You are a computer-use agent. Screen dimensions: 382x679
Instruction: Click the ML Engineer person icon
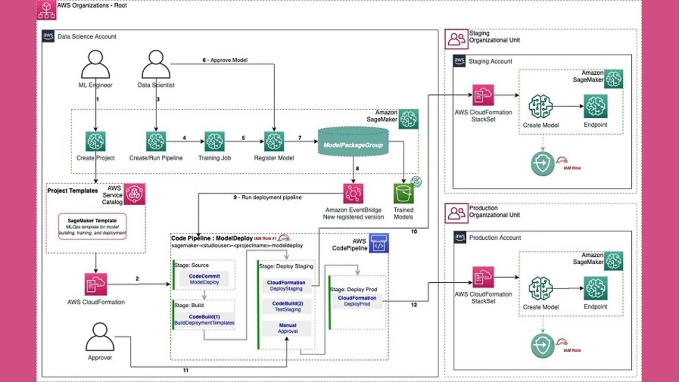(x=95, y=64)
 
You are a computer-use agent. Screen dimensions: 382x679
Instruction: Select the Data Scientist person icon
(x=156, y=64)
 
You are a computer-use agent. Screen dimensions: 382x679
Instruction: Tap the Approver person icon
(x=100, y=337)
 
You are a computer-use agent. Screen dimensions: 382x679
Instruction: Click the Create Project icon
(x=95, y=142)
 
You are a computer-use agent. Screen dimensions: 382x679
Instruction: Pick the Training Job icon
(x=214, y=142)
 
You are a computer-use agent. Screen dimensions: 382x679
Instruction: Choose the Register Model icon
(x=274, y=142)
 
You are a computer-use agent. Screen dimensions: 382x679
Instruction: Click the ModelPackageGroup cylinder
(x=353, y=144)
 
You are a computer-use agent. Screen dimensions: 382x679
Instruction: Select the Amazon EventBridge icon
(x=353, y=194)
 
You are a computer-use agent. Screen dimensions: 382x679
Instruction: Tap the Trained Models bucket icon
(x=403, y=194)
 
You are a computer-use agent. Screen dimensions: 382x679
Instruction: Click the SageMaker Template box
(x=95, y=226)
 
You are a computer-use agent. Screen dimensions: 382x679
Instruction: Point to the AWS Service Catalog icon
(x=134, y=195)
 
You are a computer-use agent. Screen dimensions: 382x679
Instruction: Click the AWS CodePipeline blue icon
(x=379, y=243)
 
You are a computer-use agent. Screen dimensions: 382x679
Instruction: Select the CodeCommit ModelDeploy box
(x=204, y=280)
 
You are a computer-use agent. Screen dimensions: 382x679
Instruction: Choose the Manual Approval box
(x=287, y=328)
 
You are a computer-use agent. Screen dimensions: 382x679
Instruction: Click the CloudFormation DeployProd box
(x=357, y=301)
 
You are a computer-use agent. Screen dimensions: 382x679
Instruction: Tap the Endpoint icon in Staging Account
(x=595, y=107)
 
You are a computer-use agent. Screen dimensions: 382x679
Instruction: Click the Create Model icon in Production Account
(x=540, y=289)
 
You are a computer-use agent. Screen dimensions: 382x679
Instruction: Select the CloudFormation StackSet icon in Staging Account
(x=483, y=95)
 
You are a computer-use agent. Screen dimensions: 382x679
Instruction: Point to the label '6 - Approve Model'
(x=224, y=60)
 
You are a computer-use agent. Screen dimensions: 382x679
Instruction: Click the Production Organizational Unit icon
(x=456, y=212)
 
